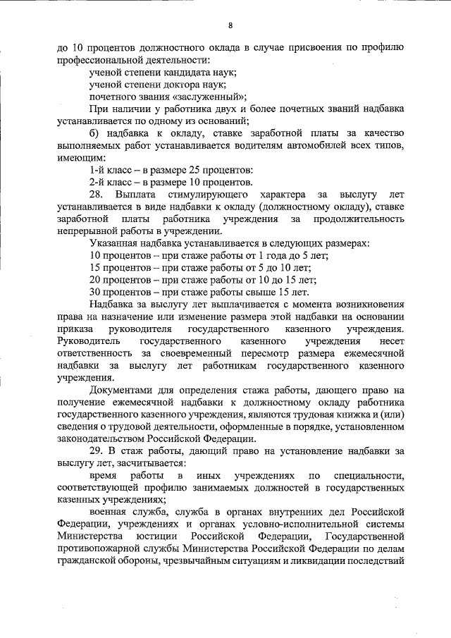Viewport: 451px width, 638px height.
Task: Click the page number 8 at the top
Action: (230, 25)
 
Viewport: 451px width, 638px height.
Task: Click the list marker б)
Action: (94, 133)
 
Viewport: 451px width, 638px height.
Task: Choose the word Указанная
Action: (113, 243)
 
